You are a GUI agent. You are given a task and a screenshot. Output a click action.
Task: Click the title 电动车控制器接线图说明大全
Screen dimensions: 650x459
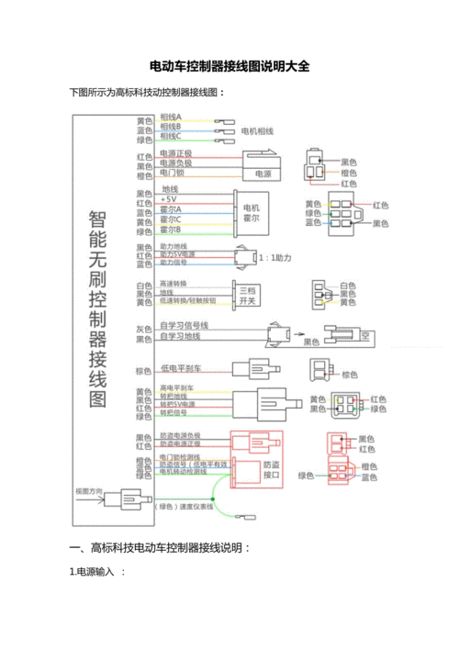pos(229,67)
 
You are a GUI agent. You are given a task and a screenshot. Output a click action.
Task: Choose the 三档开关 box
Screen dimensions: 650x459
pos(246,294)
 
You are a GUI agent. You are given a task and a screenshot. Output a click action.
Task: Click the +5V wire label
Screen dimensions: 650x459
pos(168,199)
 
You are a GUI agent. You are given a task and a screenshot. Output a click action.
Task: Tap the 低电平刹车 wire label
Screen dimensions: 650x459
pos(179,368)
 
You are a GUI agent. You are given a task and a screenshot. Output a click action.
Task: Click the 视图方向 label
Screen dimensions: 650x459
pos(92,491)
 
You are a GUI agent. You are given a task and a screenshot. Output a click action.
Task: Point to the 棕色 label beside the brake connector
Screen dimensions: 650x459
pos(350,375)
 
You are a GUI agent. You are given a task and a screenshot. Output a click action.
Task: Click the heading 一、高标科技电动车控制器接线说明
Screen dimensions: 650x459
pos(160,548)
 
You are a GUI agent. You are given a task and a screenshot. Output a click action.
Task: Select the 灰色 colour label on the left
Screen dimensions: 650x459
pos(143,329)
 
